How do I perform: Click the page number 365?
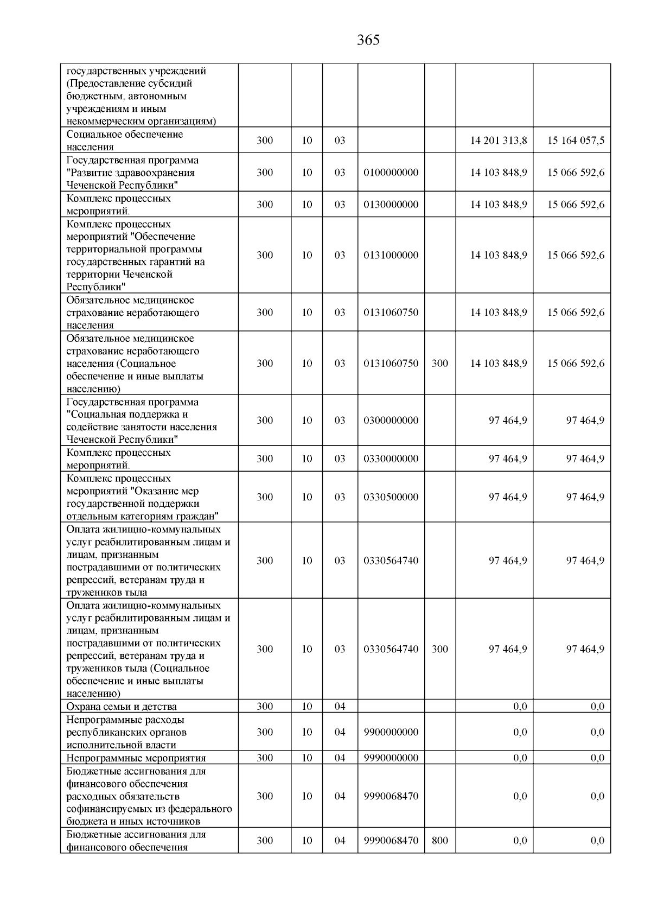click(368, 40)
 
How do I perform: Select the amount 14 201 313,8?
click(498, 141)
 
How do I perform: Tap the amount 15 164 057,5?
click(576, 141)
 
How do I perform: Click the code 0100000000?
click(391, 173)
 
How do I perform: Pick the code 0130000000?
click(391, 205)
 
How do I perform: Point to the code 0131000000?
click(391, 255)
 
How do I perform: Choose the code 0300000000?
click(391, 421)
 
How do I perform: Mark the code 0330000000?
click(391, 459)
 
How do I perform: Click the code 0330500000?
click(391, 497)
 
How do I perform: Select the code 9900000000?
click(391, 732)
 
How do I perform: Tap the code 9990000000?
click(391, 758)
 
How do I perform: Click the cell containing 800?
click(440, 841)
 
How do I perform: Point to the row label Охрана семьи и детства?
click(122, 707)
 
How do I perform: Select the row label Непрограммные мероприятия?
click(136, 758)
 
